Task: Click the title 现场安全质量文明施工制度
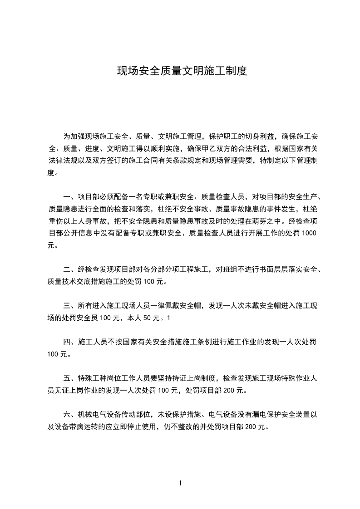click(182, 71)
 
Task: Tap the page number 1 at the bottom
click(180, 483)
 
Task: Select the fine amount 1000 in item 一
click(309, 233)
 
